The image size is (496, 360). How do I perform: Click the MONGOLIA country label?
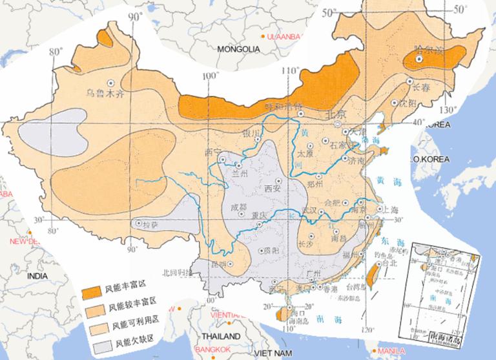[x=238, y=49]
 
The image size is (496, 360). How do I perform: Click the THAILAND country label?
[x=220, y=337]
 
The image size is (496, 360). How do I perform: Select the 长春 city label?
[x=420, y=86]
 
